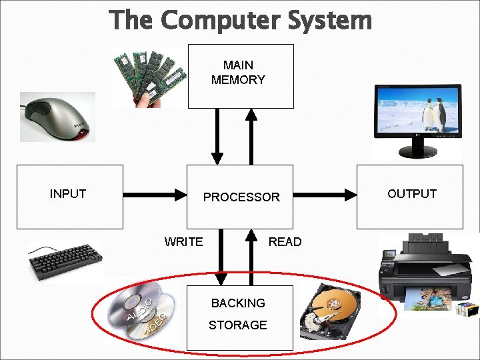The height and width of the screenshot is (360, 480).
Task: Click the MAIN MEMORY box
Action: [240, 76]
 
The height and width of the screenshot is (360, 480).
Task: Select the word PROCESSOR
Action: [241, 197]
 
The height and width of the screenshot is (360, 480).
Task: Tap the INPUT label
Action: [68, 194]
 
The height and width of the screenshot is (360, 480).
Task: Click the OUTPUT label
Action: [411, 194]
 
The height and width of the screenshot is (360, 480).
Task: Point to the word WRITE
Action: [183, 242]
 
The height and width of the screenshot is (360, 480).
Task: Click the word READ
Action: [285, 242]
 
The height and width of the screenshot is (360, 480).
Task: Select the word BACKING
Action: [238, 303]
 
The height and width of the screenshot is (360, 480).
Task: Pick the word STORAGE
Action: [238, 325]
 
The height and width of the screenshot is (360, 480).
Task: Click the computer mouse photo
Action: [57, 117]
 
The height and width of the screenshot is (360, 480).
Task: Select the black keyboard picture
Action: [65, 260]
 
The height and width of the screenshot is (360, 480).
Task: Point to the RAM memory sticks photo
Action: [148, 78]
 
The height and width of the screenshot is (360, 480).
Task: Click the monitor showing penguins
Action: [418, 119]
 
